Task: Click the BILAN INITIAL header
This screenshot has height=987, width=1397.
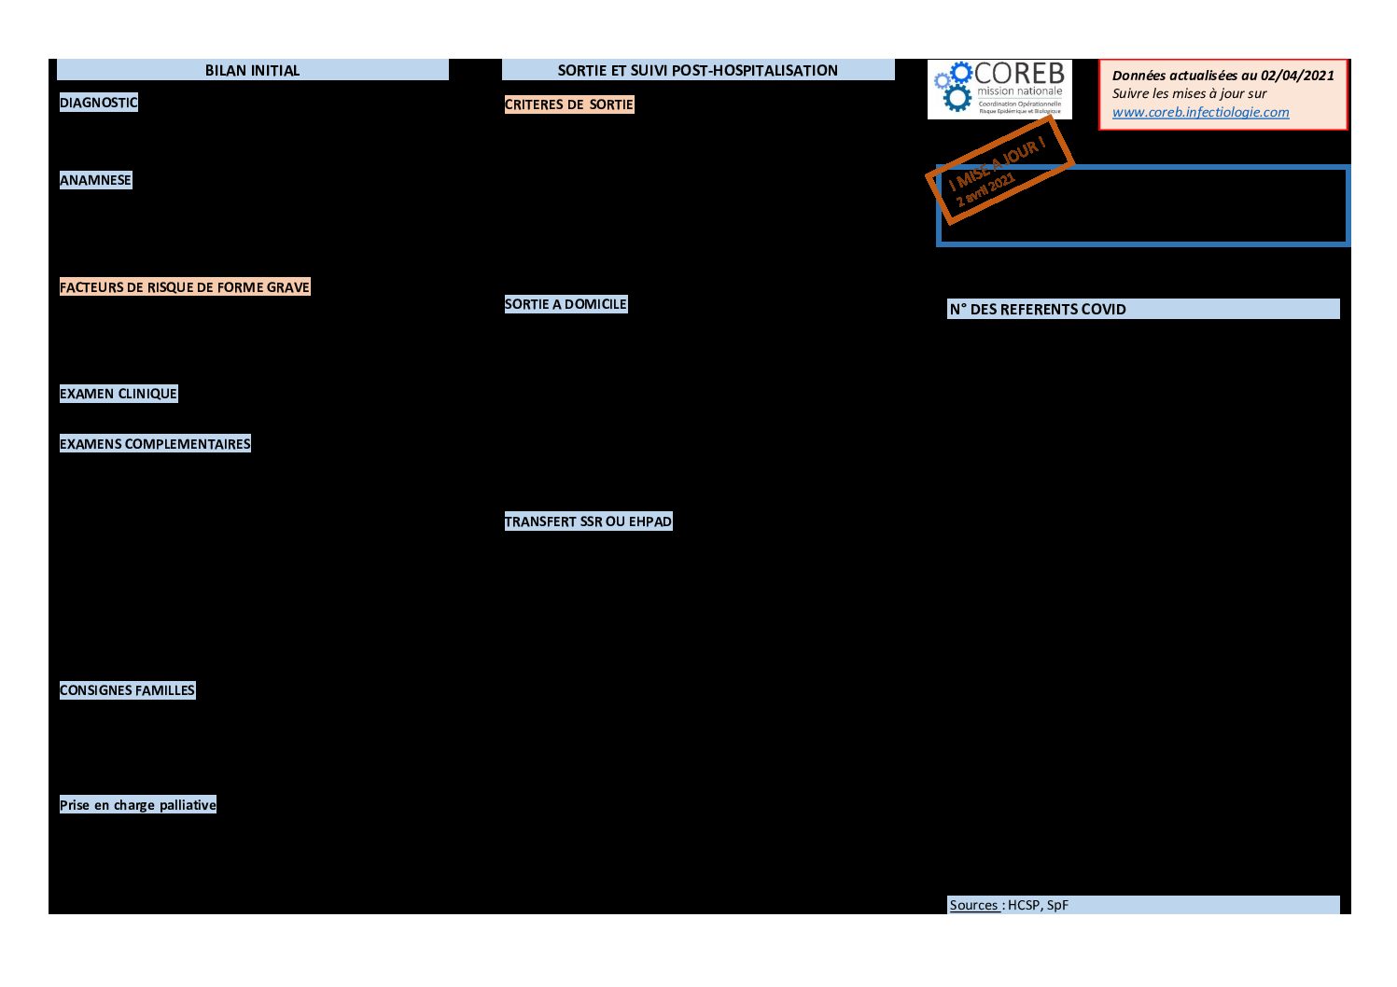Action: click(x=252, y=70)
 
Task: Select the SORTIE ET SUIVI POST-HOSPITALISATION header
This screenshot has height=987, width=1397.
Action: click(x=697, y=70)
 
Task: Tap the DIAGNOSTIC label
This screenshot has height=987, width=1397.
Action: click(x=98, y=103)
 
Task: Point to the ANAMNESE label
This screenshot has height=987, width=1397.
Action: click(x=95, y=180)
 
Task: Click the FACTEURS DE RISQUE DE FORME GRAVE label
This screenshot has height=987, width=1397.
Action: click(x=184, y=287)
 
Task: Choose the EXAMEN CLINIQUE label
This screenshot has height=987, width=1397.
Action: click(x=118, y=394)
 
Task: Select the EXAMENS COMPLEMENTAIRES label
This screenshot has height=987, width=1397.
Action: click(x=155, y=444)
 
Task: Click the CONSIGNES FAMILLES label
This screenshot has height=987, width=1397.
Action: click(x=127, y=690)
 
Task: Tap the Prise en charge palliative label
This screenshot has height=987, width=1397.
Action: click(x=137, y=805)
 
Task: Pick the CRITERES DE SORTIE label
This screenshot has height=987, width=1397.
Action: click(x=568, y=104)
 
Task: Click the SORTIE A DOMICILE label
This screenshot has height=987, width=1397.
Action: click(x=566, y=304)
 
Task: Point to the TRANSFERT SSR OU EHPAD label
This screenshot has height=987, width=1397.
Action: click(x=588, y=521)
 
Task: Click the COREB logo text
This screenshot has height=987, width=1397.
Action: click(x=1019, y=74)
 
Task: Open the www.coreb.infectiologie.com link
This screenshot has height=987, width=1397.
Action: click(x=1200, y=112)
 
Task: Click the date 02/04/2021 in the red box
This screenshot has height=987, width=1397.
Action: click(x=1297, y=76)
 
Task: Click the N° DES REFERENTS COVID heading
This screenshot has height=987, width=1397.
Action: click(x=1038, y=310)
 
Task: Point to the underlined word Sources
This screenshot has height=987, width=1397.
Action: click(x=974, y=905)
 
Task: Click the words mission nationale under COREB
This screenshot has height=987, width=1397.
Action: click(x=1019, y=91)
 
